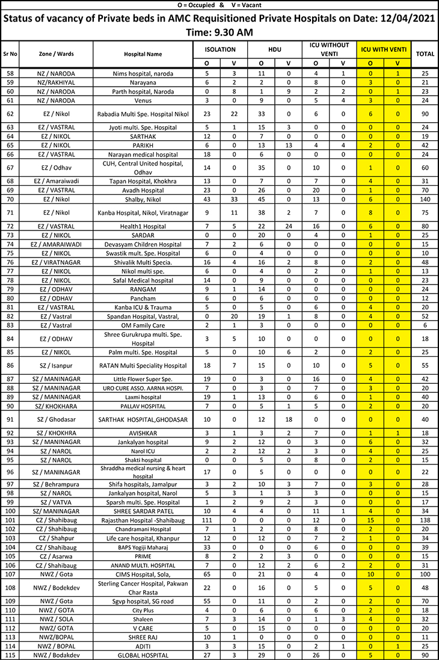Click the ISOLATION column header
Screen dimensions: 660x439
[220, 49]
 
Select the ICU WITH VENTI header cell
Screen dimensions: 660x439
[384, 49]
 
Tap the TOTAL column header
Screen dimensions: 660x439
[425, 54]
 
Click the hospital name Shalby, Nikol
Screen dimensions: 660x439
[143, 199]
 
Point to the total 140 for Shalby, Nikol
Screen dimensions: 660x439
[425, 199]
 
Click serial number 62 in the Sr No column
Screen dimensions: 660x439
[10, 113]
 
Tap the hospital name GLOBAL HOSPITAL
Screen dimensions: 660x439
[143, 655]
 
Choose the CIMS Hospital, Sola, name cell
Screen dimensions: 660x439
[143, 575]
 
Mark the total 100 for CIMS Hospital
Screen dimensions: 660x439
[425, 575]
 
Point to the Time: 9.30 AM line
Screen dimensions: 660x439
[219, 32]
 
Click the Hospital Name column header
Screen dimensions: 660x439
[143, 54]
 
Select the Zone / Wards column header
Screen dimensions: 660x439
[57, 54]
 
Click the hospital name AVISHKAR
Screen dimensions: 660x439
[143, 433]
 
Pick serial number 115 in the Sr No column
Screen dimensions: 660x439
[10, 655]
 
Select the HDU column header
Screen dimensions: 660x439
[274, 49]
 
